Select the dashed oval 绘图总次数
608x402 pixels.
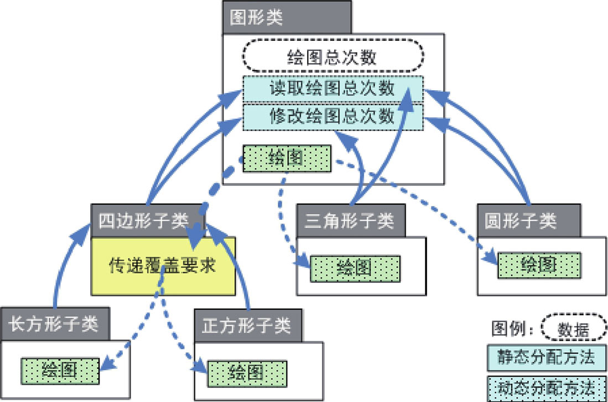point(333,57)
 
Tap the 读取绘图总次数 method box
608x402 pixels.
point(332,88)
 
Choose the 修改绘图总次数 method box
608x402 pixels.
point(332,117)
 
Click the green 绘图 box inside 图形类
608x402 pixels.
point(287,159)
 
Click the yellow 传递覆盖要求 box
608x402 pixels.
point(163,266)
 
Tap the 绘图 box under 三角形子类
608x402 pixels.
point(354,269)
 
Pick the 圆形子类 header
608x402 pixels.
point(528,221)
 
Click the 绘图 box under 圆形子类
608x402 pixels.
point(539,265)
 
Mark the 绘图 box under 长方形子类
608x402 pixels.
point(60,369)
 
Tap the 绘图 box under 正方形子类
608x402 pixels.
point(247,372)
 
